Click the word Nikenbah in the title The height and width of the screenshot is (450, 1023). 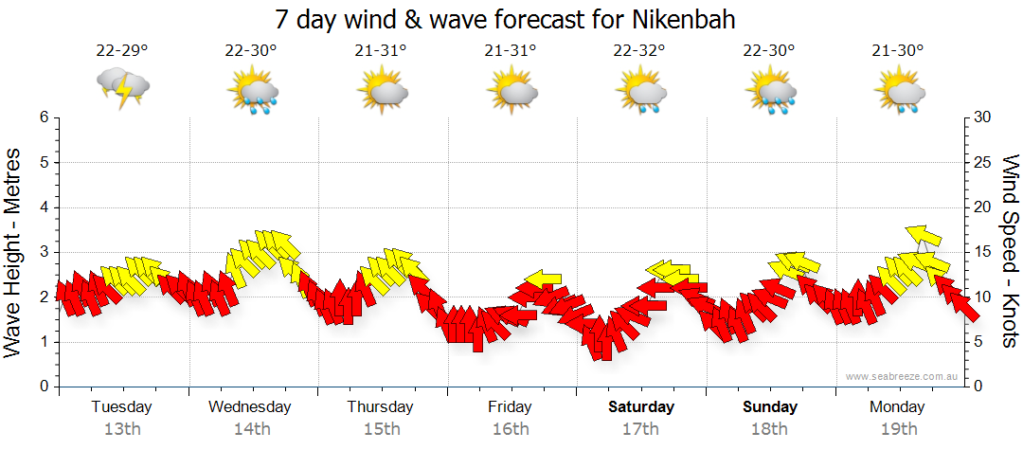pos(680,19)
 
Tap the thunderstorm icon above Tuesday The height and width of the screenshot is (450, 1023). pos(123,88)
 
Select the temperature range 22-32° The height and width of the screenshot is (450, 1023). pos(639,51)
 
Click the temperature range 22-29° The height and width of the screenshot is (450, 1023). pos(122,51)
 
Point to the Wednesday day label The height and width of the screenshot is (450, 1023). pos(249,407)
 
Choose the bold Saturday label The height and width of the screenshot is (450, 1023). pos(641,407)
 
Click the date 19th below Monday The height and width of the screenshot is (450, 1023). pos(898,429)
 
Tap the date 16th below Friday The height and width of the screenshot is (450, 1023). pos(510,429)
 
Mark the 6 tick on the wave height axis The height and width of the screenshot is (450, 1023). pos(44,117)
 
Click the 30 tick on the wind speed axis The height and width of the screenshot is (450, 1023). pos(983,117)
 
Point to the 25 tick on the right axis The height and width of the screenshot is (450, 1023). pos(983,162)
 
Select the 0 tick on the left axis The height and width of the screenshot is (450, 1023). pos(44,387)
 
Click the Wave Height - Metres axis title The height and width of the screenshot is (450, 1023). pos(14,252)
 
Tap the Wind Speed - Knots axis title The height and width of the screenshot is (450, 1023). pos(1008,252)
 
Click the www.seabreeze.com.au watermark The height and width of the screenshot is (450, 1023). pos(902,376)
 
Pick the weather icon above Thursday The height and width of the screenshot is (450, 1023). pos(382,91)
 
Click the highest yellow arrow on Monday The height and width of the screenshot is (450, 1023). pos(922,235)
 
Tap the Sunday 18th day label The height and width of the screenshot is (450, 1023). pos(770,417)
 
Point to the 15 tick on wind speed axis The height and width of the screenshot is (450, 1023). pos(983,252)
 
